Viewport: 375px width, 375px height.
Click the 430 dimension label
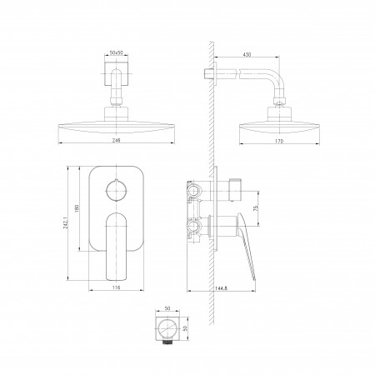click(247, 54)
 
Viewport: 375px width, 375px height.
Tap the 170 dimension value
click(279, 141)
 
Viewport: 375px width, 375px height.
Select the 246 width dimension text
click(117, 141)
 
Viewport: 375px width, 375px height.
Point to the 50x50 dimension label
click(117, 52)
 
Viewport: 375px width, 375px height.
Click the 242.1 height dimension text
click(66, 223)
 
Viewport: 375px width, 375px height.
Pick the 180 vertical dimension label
click(77, 208)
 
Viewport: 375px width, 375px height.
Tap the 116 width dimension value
click(117, 287)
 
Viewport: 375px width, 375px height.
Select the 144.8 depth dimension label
click(221, 288)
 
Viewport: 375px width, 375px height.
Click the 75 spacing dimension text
click(256, 208)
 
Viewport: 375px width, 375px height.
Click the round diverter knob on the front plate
click(117, 190)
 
